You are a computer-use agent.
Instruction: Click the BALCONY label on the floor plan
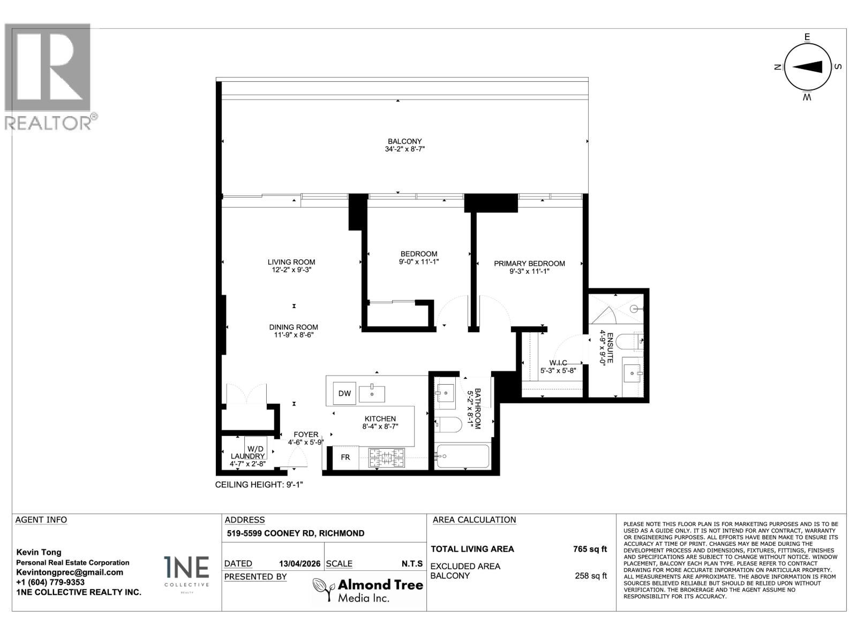click(405, 141)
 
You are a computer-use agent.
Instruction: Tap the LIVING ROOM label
click(291, 262)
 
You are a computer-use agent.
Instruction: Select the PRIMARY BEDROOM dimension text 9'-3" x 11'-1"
click(529, 271)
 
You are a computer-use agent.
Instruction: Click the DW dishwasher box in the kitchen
click(344, 394)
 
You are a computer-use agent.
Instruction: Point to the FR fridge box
click(345, 457)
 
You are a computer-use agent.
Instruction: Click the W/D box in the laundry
click(255, 448)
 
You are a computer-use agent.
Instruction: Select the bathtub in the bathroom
click(462, 456)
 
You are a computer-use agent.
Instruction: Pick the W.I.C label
click(558, 363)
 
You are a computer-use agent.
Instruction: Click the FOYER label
click(306, 434)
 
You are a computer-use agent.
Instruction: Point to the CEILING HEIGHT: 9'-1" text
click(259, 485)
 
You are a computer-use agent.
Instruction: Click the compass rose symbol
click(807, 67)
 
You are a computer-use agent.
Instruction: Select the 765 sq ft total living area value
click(590, 549)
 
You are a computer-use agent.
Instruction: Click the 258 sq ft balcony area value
click(590, 576)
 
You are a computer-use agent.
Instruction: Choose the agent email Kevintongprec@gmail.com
click(70, 572)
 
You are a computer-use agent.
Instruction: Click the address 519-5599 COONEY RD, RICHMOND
click(296, 533)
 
